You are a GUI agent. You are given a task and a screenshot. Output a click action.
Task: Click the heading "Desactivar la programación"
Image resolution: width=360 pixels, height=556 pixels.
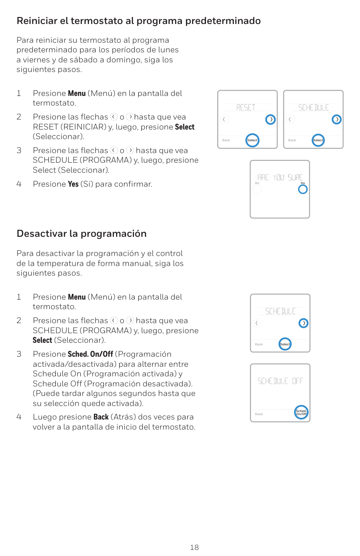click(x=81, y=234)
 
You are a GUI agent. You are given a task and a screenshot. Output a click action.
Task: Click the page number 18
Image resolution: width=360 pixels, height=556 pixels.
click(x=194, y=547)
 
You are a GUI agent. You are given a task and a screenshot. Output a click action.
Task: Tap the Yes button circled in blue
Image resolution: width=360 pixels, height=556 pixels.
click(x=303, y=189)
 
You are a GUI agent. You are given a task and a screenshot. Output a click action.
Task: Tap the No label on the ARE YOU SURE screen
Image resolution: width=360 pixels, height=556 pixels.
click(x=257, y=183)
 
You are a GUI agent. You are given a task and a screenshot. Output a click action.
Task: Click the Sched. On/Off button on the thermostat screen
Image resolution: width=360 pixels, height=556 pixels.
click(x=301, y=413)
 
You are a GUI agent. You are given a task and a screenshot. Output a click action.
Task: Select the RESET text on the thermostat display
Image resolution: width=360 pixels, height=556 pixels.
click(x=246, y=107)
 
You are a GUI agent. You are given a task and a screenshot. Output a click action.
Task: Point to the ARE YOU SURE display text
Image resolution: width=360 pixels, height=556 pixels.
click(x=280, y=177)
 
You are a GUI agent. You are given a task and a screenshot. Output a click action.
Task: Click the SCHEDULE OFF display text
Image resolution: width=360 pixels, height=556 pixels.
click(x=280, y=381)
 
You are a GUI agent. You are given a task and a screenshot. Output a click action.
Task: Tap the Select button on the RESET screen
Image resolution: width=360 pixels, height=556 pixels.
click(x=252, y=140)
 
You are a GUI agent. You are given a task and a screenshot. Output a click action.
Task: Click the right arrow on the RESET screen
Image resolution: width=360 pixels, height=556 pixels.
click(x=271, y=119)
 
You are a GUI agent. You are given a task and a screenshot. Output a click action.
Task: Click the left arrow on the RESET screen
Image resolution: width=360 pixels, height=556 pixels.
click(x=224, y=119)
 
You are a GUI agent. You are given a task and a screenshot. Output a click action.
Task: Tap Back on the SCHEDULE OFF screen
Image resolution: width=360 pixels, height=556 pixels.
click(x=259, y=414)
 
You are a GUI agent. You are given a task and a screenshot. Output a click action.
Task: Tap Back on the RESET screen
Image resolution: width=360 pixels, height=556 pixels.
click(x=226, y=140)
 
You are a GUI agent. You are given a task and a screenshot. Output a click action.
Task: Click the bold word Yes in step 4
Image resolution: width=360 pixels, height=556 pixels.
click(x=73, y=184)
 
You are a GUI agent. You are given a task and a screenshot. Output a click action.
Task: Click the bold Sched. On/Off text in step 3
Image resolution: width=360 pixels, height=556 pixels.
click(x=90, y=354)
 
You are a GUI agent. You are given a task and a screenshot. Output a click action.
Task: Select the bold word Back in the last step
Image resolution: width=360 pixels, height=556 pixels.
click(x=101, y=417)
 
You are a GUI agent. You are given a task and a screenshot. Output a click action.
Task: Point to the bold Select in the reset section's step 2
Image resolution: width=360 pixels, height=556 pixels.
click(x=185, y=127)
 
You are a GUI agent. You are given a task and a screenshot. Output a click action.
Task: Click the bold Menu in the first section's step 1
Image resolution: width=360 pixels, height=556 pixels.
click(x=76, y=93)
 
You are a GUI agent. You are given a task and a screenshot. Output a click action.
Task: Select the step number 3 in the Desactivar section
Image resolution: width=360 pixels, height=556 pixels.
click(x=19, y=354)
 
